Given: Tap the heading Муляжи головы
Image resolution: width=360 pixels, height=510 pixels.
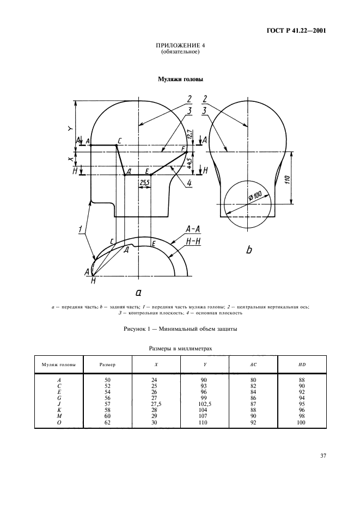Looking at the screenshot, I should [x=180, y=79].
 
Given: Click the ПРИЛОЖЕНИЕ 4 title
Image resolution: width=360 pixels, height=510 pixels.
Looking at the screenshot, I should [x=180, y=45].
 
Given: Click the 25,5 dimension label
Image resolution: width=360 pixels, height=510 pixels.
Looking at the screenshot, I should [x=144, y=182].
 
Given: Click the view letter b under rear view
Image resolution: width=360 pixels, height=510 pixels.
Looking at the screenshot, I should [x=249, y=250].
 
